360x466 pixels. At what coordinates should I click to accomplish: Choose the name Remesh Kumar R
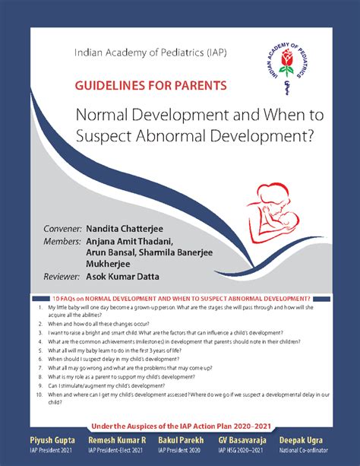click(117, 440)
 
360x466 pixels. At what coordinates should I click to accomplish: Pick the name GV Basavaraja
click(245, 440)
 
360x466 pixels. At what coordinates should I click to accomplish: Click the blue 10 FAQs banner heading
click(179, 299)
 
